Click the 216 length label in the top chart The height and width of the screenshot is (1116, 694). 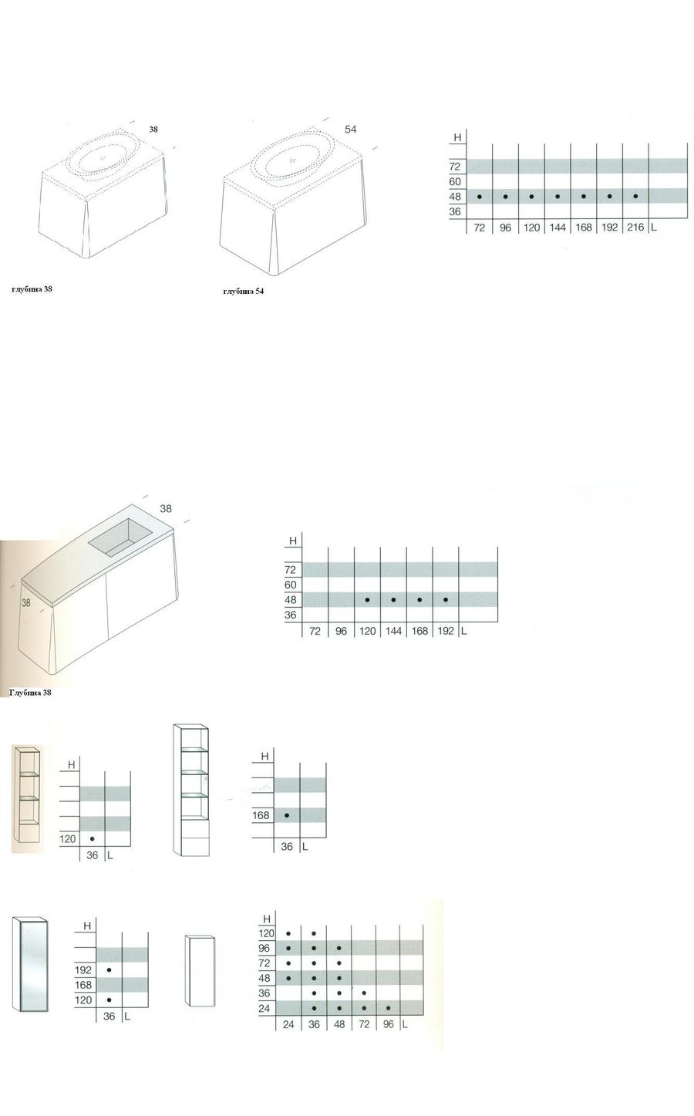[635, 228]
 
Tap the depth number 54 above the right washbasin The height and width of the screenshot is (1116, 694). [350, 129]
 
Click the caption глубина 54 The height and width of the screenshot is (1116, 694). [243, 291]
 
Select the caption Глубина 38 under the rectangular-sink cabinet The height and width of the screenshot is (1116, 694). [30, 692]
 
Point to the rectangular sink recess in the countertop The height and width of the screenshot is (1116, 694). [120, 537]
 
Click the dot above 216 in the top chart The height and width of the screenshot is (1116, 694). [635, 197]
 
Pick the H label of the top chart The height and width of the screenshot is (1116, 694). [457, 137]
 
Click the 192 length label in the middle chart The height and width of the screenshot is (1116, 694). [446, 631]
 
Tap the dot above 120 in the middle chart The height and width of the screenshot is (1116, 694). [367, 600]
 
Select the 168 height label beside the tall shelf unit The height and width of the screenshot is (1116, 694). [261, 815]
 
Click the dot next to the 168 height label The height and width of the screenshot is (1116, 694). [287, 815]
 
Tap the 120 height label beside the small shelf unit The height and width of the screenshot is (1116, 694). [67, 839]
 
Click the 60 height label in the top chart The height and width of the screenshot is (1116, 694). [455, 182]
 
